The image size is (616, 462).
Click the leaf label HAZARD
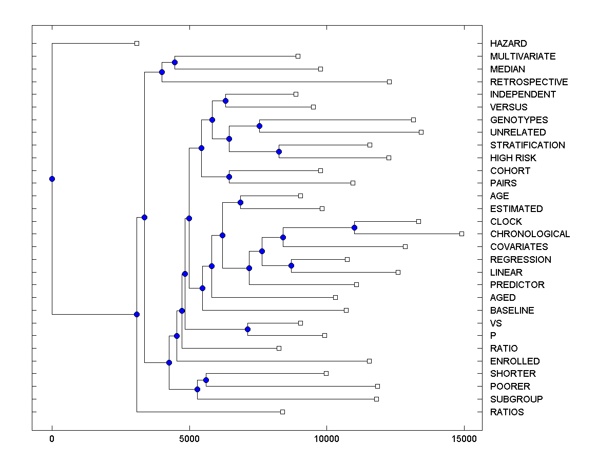click(508, 44)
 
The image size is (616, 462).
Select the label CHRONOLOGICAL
click(530, 234)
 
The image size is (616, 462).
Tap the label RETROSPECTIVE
click(529, 82)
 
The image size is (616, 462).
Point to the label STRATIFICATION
click(527, 145)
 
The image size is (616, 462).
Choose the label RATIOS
click(507, 412)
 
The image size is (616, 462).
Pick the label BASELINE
click(512, 311)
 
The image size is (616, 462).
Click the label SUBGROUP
click(516, 399)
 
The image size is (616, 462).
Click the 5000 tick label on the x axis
click(189, 439)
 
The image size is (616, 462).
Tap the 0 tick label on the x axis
click(52, 439)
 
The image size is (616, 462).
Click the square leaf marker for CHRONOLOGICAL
click(461, 234)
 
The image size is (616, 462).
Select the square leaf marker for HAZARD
click(137, 44)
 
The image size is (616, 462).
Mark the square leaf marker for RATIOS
click(282, 412)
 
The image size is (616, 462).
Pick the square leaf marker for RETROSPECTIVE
click(389, 82)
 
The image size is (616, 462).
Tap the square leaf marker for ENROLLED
click(369, 361)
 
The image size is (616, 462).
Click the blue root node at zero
click(52, 179)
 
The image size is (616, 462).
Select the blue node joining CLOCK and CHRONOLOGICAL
click(354, 227)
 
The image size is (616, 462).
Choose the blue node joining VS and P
click(247, 329)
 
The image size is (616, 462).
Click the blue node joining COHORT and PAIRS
click(229, 177)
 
